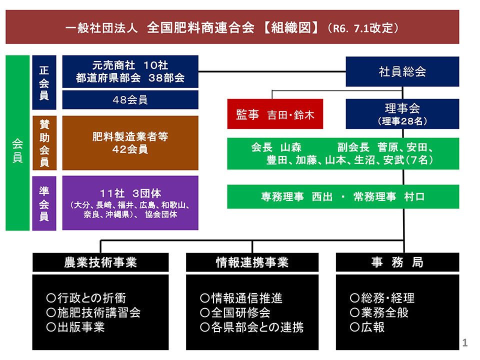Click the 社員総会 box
point(402,71)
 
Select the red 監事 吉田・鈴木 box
point(274,114)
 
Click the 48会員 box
point(130,99)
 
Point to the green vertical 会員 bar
point(17,143)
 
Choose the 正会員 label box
point(44,82)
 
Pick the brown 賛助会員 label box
point(44,143)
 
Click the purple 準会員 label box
point(44,203)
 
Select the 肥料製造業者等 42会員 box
point(130,143)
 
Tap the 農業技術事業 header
point(100,262)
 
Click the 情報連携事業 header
point(252,262)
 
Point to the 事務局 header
point(397,262)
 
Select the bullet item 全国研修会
point(235,313)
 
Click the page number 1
point(465,342)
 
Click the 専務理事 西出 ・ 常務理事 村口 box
point(343,196)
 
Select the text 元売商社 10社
point(130,65)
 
